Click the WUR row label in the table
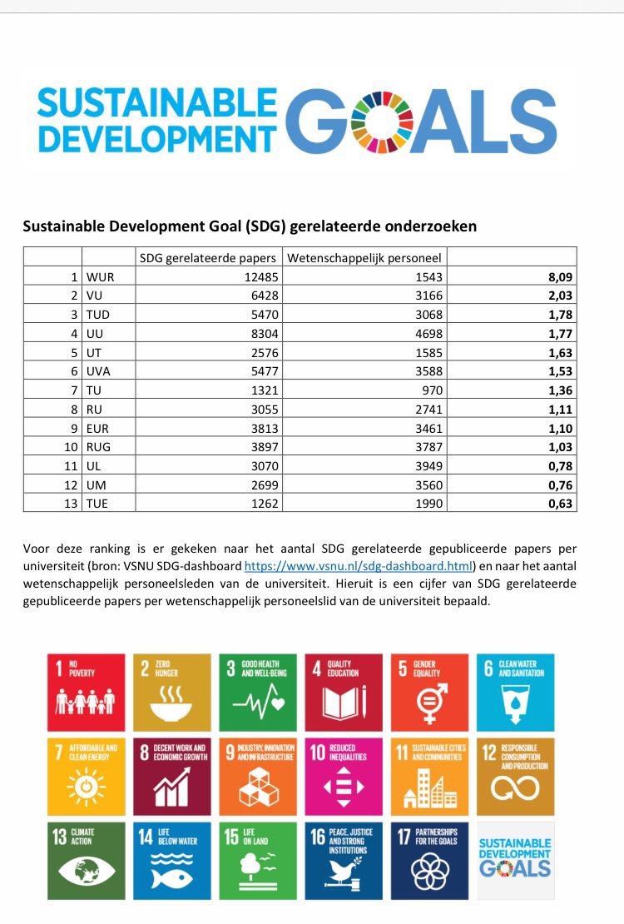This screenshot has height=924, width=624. [101, 276]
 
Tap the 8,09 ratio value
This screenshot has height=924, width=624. [560, 276]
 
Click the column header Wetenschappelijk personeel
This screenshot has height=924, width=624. [364, 257]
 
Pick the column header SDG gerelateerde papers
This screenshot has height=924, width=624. [209, 257]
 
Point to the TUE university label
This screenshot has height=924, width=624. [99, 503]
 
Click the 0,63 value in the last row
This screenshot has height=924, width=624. [560, 503]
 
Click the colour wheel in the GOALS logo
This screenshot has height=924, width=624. [378, 122]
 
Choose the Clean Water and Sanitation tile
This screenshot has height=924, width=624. [516, 692]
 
